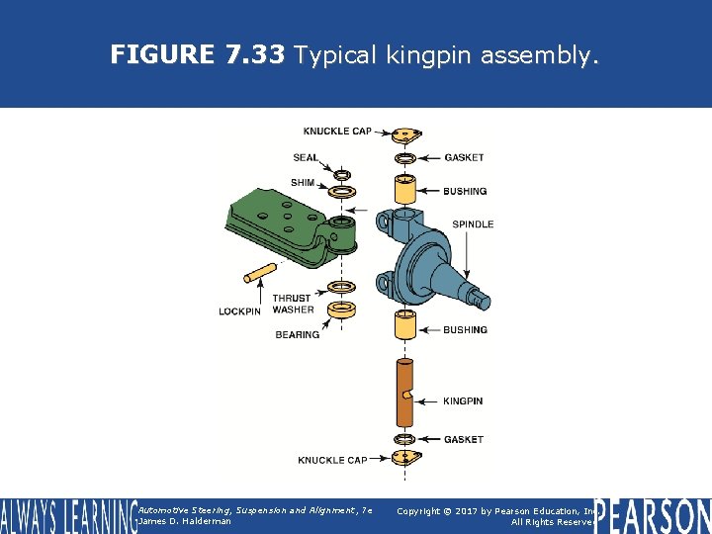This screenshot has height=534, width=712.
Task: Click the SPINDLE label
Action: click(x=473, y=224)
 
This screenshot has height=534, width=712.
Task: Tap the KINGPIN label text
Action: click(x=463, y=400)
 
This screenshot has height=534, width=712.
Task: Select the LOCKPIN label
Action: click(x=239, y=311)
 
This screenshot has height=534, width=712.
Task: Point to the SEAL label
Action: click(x=306, y=158)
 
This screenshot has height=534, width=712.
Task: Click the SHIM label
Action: click(x=303, y=182)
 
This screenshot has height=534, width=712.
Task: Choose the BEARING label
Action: click(x=297, y=334)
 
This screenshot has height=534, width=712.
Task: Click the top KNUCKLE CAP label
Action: click(x=337, y=132)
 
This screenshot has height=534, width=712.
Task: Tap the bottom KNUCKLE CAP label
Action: click(x=332, y=460)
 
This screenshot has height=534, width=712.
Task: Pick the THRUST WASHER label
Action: click(x=293, y=304)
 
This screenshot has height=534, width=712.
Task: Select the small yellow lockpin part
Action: click(x=261, y=271)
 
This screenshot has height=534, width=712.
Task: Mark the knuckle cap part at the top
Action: click(x=404, y=134)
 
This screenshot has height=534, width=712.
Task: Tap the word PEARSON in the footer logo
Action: click(x=653, y=515)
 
